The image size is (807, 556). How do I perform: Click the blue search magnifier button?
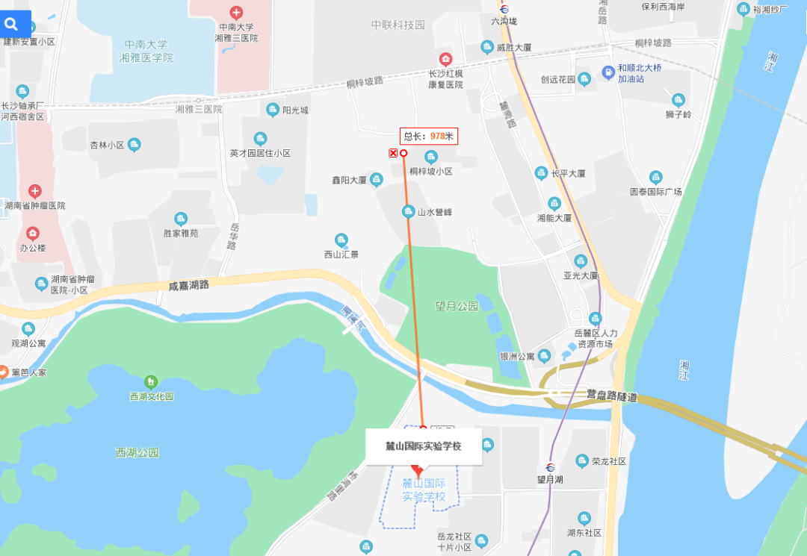click(11, 24)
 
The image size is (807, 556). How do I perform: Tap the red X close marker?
click(393, 153)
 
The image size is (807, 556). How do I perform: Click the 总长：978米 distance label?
click(428, 136)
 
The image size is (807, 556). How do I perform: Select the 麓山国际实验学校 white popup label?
click(423, 446)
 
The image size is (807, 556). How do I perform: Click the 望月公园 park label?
click(457, 306)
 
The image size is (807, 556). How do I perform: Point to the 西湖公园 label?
click(137, 452)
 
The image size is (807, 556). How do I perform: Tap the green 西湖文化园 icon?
click(151, 382)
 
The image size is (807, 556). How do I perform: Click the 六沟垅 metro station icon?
click(504, 10)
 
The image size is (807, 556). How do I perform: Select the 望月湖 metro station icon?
click(550, 466)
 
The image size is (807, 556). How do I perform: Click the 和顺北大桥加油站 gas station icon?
click(608, 72)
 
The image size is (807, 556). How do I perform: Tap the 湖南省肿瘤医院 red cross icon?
click(35, 192)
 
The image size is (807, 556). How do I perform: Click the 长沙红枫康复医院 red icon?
click(445, 59)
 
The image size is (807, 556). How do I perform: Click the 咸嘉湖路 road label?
click(188, 285)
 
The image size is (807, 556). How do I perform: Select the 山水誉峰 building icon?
click(408, 211)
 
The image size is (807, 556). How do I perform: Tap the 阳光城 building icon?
click(273, 110)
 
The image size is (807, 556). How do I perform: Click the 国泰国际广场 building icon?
click(655, 178)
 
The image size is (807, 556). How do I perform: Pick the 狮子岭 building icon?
click(678, 100)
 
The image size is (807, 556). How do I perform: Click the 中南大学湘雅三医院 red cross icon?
click(236, 13)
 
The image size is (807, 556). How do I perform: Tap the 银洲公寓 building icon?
click(544, 356)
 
